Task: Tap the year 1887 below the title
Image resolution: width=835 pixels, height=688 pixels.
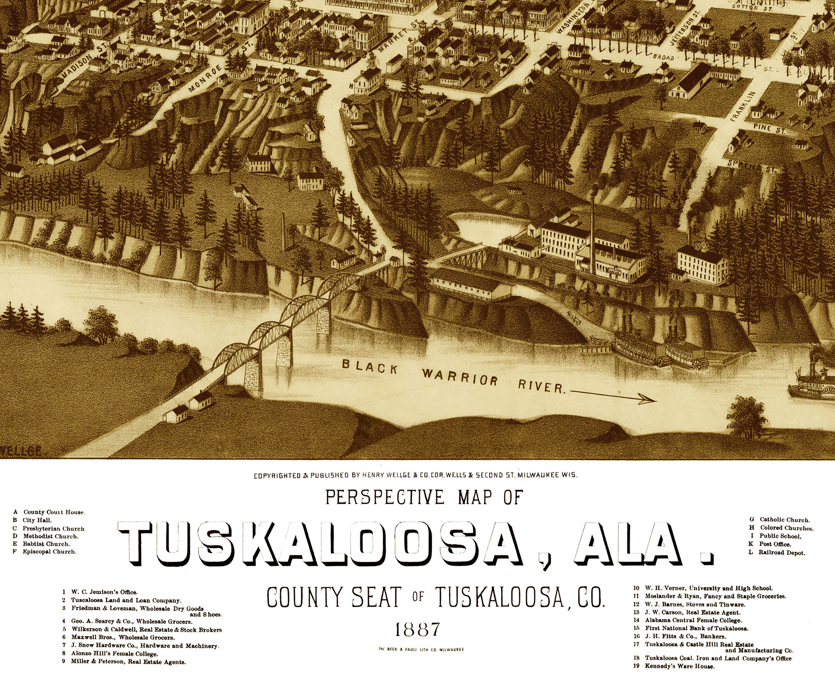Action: pyautogui.click(x=417, y=630)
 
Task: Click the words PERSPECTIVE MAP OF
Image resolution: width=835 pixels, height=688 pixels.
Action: pyautogui.click(x=424, y=497)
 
